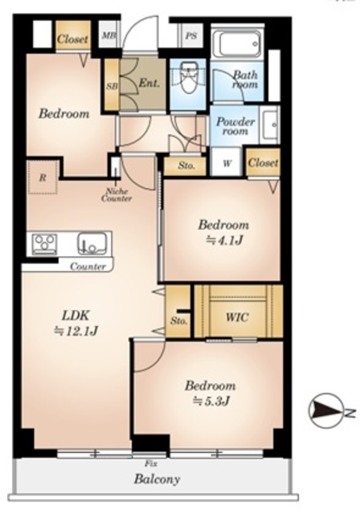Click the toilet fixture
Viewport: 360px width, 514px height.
click(x=188, y=78)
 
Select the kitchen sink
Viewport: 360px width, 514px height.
click(x=92, y=243)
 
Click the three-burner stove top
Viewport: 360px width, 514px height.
click(x=44, y=244)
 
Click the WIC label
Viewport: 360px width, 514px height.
click(x=237, y=317)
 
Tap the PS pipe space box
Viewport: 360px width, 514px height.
click(x=191, y=35)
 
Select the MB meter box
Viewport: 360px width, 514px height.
click(x=109, y=35)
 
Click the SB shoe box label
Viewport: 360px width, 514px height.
click(x=112, y=86)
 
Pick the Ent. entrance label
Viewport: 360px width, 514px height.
click(x=149, y=83)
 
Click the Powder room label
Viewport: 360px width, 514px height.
click(x=235, y=126)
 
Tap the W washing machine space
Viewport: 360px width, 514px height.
click(x=227, y=163)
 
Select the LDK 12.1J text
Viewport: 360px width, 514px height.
click(x=76, y=324)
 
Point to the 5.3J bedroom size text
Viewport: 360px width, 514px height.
click(x=211, y=402)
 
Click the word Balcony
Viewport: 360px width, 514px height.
click(x=157, y=479)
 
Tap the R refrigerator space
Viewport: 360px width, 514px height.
click(x=43, y=177)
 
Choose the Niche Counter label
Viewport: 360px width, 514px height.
click(x=117, y=194)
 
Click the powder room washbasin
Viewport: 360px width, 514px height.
click(x=270, y=124)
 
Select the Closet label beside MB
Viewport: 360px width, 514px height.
click(x=73, y=39)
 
